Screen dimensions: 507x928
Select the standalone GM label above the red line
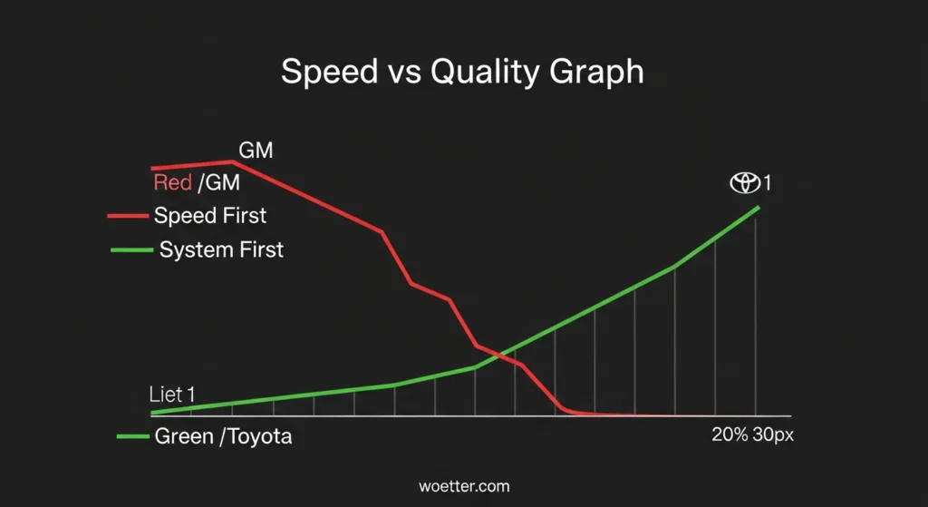(256, 150)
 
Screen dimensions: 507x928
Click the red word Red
(172, 183)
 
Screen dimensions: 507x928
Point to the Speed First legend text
(210, 216)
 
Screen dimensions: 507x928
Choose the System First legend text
(221, 249)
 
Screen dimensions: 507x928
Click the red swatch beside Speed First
(127, 217)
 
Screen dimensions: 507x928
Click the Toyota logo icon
(744, 183)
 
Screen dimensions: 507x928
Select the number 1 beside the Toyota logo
(767, 183)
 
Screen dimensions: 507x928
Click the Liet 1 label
(171, 395)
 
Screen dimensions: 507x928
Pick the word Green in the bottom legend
(184, 436)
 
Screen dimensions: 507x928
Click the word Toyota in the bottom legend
(259, 436)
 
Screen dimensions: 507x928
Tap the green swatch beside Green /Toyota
(132, 436)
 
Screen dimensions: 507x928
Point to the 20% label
(730, 435)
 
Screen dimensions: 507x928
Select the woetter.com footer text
(464, 487)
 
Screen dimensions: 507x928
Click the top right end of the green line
(758, 207)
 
